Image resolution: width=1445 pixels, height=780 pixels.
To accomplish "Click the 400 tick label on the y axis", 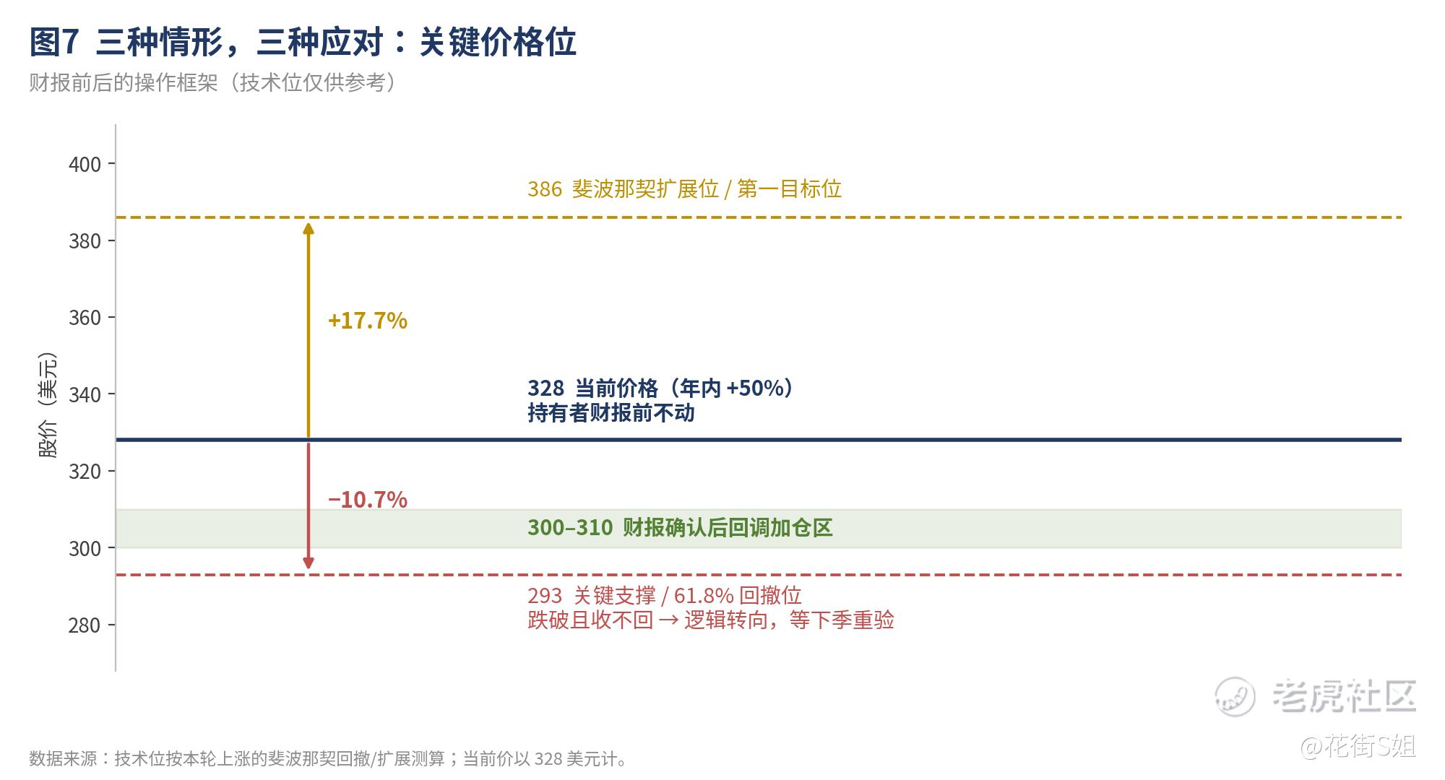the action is click(85, 165).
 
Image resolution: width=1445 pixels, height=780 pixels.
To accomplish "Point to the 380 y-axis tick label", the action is click(85, 241).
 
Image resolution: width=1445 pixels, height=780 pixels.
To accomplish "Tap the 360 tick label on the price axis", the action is click(85, 318).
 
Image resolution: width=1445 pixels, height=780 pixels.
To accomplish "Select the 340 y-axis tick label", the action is click(85, 395).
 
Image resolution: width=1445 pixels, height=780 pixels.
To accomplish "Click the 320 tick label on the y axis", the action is click(85, 472).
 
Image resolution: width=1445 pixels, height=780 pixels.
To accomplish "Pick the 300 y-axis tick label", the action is click(85, 549).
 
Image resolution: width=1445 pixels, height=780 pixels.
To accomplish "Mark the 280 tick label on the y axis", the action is click(85, 625).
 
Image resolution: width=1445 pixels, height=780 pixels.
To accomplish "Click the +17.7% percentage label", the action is click(368, 321).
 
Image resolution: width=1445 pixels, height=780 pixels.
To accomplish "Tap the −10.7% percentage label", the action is click(368, 500).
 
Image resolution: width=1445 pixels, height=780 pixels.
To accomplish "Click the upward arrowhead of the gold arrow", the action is click(309, 228).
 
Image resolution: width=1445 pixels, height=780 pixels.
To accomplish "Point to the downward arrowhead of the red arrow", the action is click(309, 563).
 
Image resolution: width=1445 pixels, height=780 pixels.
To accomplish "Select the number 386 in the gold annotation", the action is click(545, 189).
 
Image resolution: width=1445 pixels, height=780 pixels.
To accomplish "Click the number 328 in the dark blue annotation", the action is click(545, 389).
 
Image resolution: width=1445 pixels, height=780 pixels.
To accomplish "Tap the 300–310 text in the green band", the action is click(570, 528).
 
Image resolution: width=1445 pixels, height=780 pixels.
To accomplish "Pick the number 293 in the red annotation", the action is click(545, 596).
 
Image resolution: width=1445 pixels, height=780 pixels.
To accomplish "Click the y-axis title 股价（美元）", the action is click(48, 406).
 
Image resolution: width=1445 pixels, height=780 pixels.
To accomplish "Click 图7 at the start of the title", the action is click(53, 43).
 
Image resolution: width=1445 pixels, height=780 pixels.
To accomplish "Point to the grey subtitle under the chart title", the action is click(213, 83).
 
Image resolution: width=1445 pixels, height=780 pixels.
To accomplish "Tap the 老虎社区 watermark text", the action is click(1345, 696).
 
